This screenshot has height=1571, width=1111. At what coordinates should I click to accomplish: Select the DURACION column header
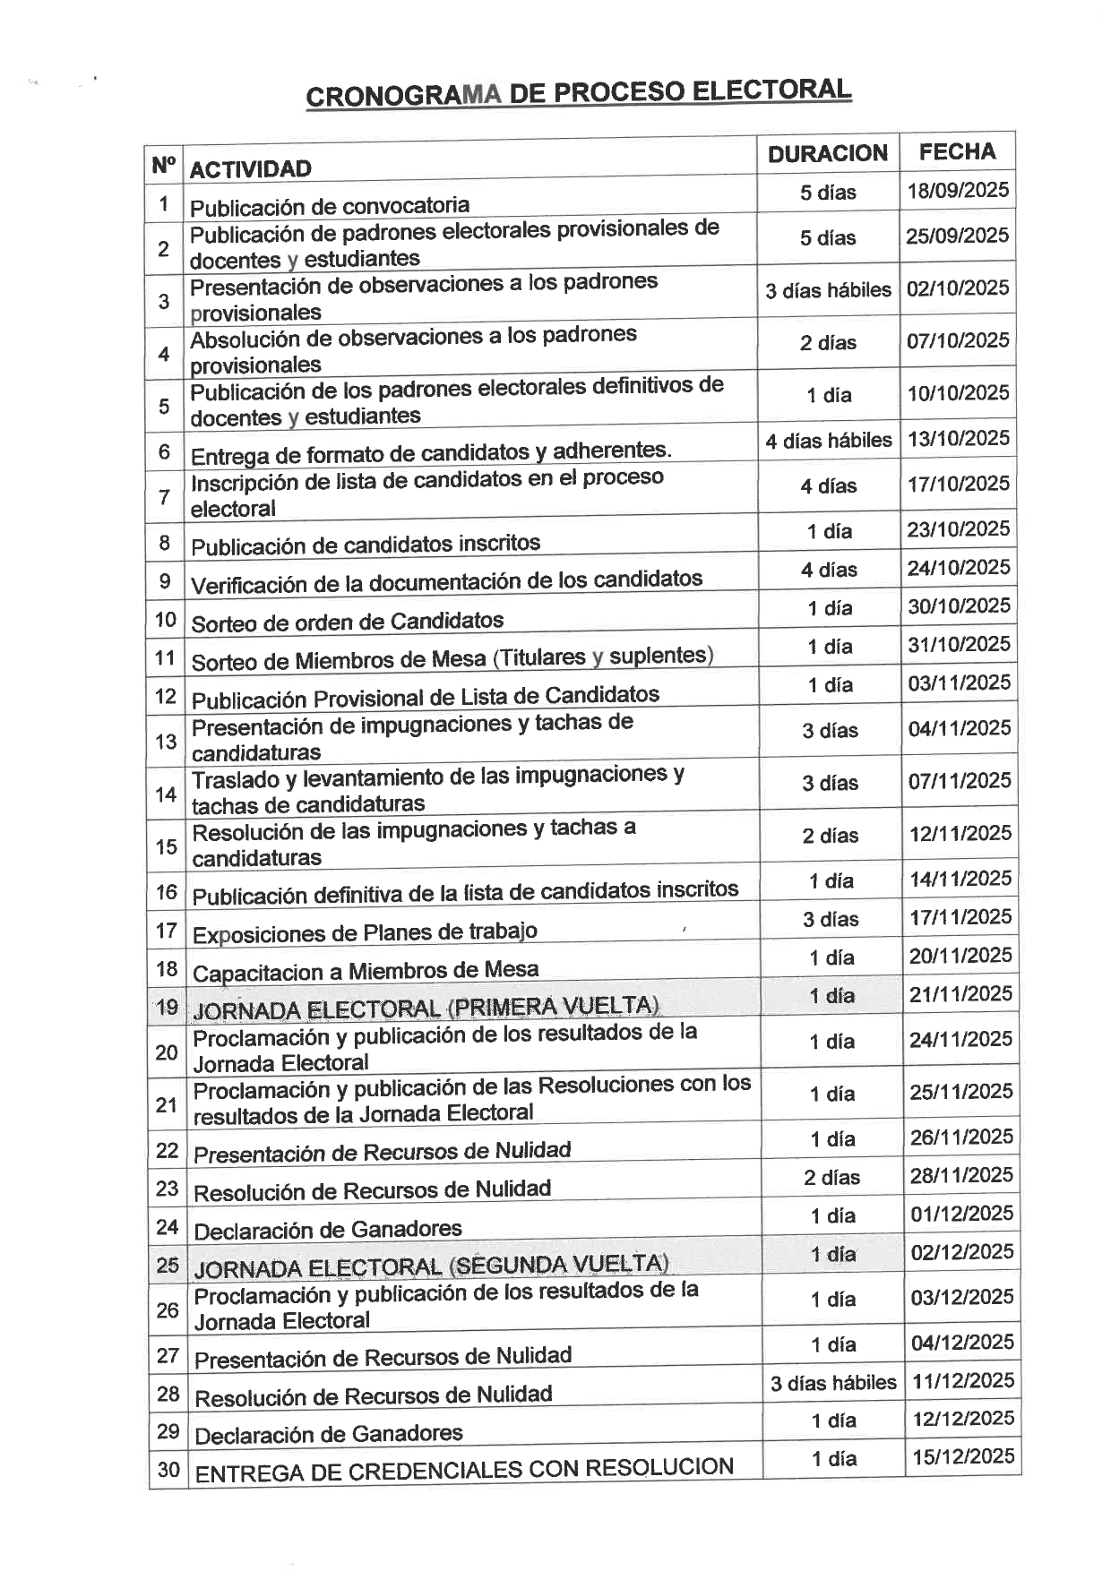tap(827, 154)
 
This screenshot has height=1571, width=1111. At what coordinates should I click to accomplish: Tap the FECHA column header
tap(957, 152)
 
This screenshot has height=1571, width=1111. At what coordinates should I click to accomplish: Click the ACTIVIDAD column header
tap(251, 169)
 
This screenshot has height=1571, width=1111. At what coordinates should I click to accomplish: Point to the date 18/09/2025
tap(957, 191)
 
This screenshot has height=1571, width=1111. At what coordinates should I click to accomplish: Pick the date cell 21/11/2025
tap(960, 994)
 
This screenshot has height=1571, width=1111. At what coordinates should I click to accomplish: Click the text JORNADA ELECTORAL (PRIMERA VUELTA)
tap(426, 1008)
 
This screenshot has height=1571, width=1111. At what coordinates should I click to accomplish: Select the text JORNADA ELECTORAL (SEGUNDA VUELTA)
tap(431, 1266)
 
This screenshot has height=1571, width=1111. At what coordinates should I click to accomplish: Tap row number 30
tap(168, 1470)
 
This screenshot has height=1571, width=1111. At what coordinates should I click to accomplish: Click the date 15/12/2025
tap(963, 1456)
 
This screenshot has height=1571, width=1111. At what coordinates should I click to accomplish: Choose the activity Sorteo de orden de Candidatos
tap(348, 622)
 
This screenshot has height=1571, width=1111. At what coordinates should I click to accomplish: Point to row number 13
tap(166, 742)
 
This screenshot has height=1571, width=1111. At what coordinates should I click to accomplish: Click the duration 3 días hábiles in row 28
tap(833, 1383)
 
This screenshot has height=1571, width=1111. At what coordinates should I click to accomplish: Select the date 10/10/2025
tap(958, 393)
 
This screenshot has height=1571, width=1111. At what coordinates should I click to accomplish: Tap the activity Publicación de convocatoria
tap(330, 207)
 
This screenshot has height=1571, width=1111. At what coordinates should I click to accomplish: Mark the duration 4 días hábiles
tap(829, 441)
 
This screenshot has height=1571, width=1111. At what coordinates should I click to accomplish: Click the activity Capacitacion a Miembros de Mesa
tap(366, 971)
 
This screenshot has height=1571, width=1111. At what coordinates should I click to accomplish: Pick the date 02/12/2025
tap(962, 1252)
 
